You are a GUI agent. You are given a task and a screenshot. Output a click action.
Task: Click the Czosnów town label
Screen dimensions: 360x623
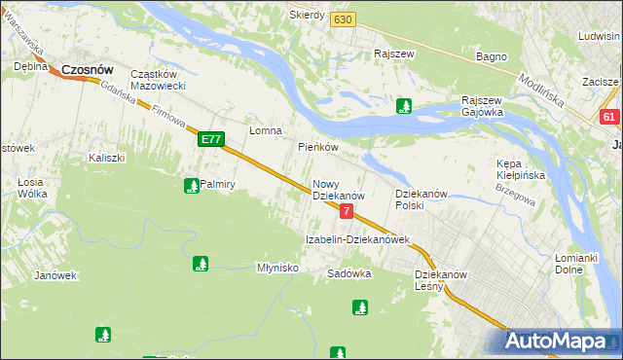[88, 70]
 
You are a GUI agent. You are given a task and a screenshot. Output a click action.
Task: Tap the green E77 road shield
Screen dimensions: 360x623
[211, 140]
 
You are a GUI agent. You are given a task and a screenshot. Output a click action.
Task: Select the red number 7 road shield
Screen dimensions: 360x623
[346, 210]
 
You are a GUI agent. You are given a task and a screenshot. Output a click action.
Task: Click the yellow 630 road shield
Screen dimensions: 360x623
[341, 19]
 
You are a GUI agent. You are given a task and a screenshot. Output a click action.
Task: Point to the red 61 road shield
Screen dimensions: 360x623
[609, 118]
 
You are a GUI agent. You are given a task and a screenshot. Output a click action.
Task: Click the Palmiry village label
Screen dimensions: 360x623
[220, 183]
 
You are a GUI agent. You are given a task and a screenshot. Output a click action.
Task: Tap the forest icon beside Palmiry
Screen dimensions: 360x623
[191, 184]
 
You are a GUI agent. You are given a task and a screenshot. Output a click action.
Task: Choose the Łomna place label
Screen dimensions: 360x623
[265, 130]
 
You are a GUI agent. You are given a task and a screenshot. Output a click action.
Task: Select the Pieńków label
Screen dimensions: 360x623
[317, 147]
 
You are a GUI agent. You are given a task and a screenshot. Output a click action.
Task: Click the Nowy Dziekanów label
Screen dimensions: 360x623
[338, 189]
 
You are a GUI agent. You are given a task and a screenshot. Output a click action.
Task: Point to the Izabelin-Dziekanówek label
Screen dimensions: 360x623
[357, 238]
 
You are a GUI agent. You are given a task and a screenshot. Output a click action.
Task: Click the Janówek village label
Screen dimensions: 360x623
[55, 275]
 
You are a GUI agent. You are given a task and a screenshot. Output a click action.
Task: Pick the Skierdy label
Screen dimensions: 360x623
[307, 16]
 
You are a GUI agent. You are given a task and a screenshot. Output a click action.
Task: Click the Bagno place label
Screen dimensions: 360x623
[491, 56]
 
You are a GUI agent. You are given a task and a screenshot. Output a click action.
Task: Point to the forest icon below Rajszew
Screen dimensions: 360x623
[404, 106]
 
